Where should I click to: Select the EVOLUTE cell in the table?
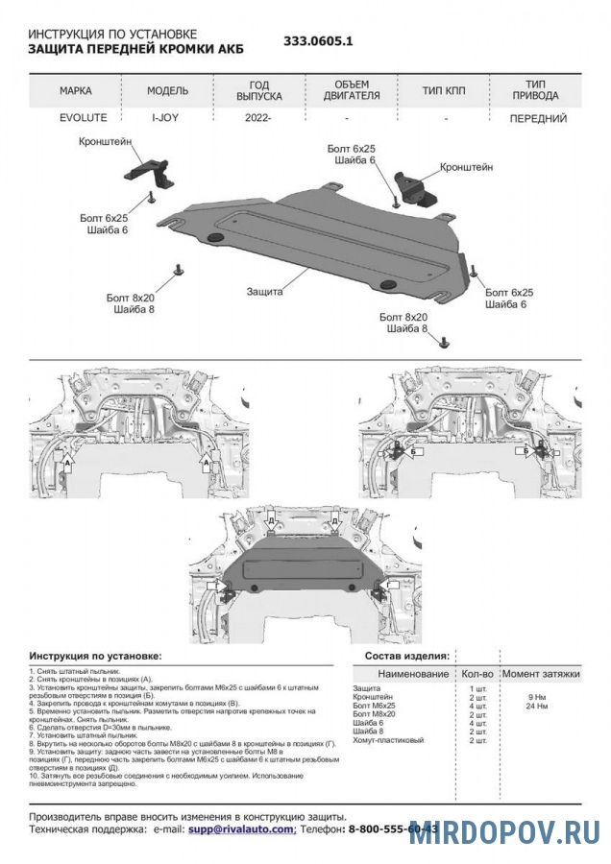tap(76, 118)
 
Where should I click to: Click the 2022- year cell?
tap(258, 118)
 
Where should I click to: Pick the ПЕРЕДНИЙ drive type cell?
tap(536, 118)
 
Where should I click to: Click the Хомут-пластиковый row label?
tap(388, 740)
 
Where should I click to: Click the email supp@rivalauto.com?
tap(241, 828)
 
